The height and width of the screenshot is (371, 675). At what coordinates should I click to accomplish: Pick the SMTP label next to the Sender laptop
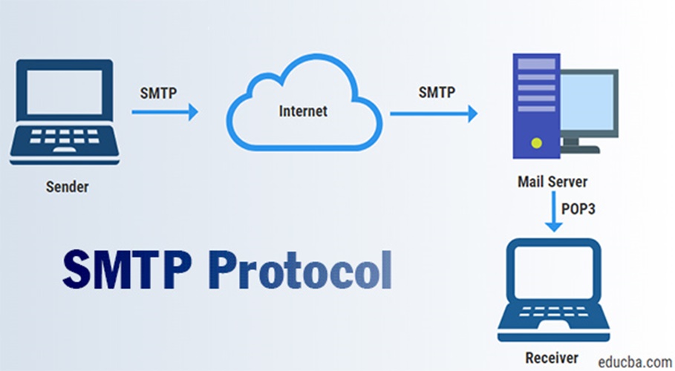tap(158, 93)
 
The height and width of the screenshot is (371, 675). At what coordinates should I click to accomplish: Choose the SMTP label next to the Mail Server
tap(437, 93)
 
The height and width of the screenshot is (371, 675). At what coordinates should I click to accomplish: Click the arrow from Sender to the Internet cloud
tap(165, 113)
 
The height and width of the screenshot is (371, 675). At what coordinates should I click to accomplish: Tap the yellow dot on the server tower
tap(535, 142)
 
